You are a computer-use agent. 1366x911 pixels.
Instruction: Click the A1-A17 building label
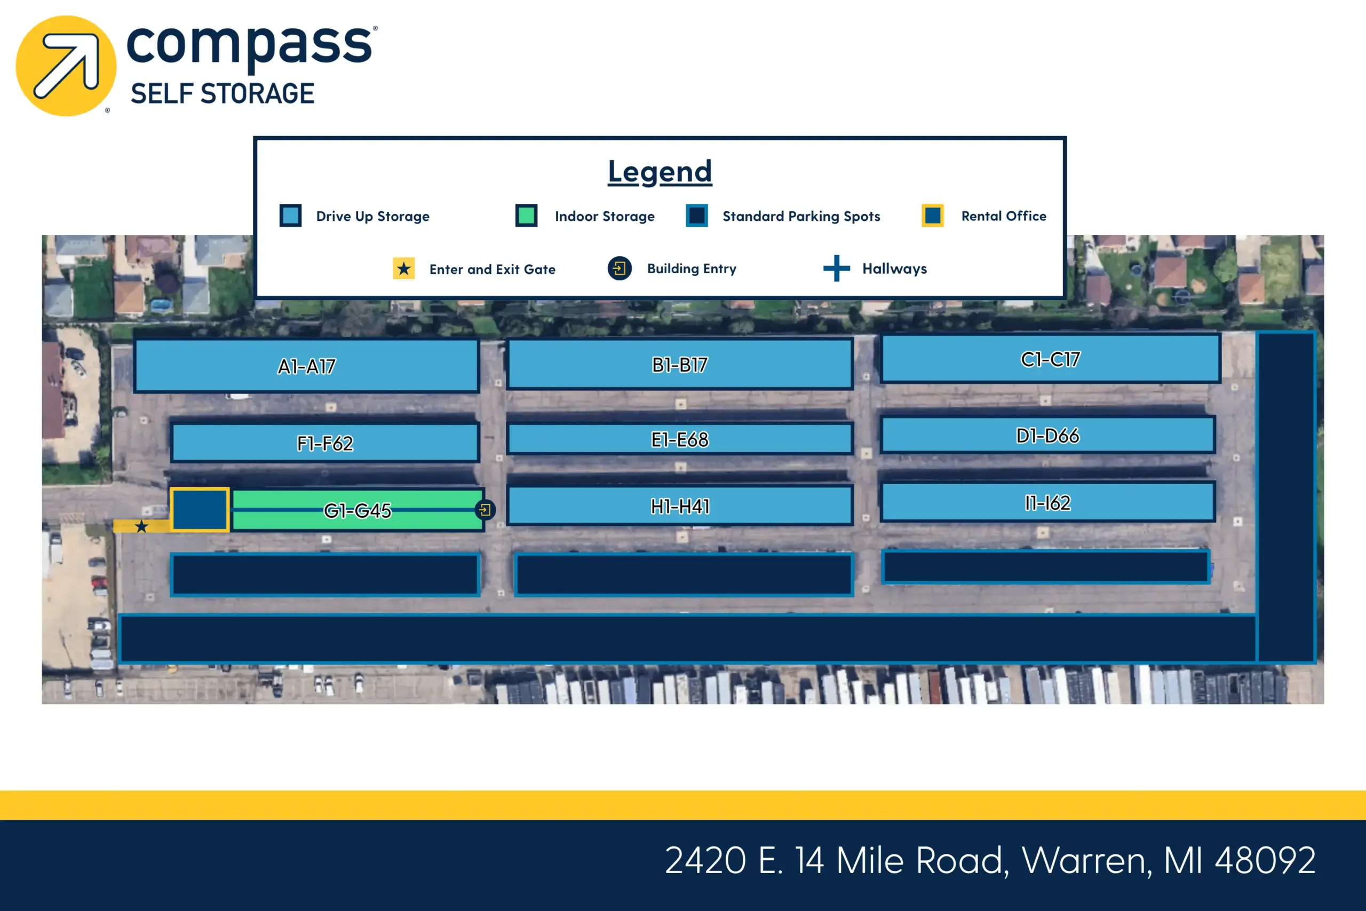307,367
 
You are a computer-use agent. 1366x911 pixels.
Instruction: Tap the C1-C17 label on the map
1050,360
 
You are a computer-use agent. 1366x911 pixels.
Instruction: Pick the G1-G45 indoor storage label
357,511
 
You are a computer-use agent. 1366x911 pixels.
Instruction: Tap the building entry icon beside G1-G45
485,510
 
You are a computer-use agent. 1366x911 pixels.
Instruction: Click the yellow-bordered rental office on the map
199,510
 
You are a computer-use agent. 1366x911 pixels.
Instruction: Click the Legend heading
660,171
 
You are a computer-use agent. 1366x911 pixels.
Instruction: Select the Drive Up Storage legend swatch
290,216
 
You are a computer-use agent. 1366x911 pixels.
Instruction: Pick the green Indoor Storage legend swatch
526,216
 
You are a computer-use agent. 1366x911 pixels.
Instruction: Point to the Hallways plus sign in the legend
836,268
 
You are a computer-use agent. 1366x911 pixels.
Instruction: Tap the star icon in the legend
403,268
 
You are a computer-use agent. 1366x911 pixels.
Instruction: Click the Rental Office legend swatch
933,216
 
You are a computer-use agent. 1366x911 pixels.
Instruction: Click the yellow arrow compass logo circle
66,66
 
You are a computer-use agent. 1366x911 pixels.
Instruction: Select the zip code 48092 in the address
1265,860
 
